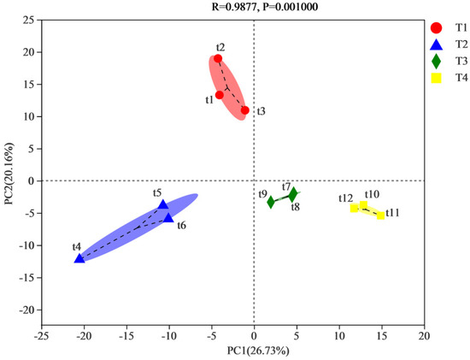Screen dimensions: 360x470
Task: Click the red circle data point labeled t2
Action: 218,59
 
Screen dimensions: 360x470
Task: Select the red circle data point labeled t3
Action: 244,110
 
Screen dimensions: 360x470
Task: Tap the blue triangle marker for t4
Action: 79,257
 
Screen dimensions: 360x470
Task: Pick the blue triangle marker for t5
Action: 163,205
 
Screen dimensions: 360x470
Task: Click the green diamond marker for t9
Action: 271,203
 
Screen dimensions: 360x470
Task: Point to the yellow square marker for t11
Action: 380,215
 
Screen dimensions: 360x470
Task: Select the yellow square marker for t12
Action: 355,208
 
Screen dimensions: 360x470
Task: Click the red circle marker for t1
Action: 220,95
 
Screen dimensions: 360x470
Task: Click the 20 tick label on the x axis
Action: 423,336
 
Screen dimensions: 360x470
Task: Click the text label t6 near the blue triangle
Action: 181,225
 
